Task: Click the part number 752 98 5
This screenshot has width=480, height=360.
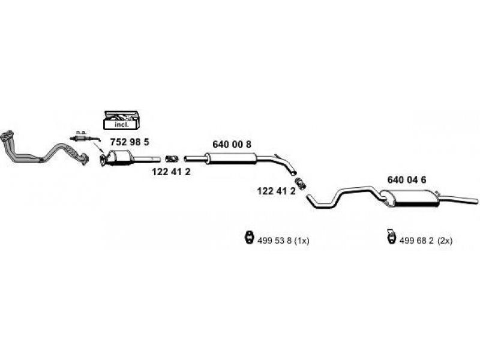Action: [x=129, y=143]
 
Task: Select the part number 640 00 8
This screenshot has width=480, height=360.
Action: [x=232, y=144]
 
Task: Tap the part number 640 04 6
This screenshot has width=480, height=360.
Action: [x=407, y=179]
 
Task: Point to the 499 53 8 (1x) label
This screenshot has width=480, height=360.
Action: [x=283, y=241]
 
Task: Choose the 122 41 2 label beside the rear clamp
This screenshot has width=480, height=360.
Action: [x=276, y=191]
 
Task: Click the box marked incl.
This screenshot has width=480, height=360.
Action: [x=121, y=120]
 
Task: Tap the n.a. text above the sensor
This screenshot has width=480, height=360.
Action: [x=80, y=132]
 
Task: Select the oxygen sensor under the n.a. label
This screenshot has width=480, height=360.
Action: [x=81, y=139]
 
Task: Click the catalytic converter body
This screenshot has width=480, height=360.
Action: [x=119, y=159]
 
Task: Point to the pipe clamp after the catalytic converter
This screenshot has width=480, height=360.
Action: [x=172, y=158]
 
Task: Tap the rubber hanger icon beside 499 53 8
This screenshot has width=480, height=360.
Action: [x=247, y=238]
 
